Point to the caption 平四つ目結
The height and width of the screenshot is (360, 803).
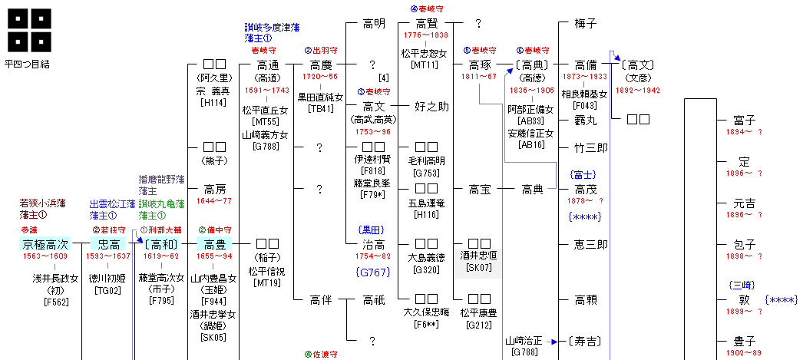28,64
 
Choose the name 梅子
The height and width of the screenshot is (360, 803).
585,24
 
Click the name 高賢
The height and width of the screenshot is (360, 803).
426,24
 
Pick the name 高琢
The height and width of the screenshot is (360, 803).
480,65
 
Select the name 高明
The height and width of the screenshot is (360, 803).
374,24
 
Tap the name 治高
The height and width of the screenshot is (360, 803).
374,244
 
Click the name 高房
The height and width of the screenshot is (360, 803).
214,189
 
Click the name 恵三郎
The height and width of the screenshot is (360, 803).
590,244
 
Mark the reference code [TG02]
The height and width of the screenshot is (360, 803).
107,289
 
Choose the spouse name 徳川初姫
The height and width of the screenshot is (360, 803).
108,278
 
